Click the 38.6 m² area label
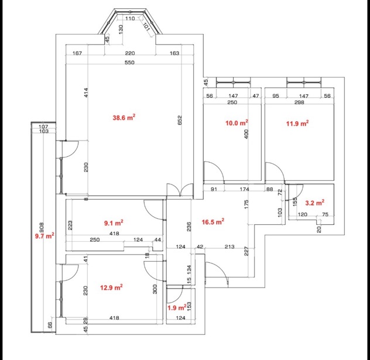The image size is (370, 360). (x=124, y=117)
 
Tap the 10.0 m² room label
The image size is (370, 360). (x=237, y=123)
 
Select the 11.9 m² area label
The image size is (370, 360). (x=297, y=123)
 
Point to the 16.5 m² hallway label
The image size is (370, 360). (x=213, y=222)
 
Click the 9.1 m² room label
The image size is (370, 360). (x=114, y=222)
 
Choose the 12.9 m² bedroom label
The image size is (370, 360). (x=111, y=287)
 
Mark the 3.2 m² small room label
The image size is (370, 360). (x=315, y=203)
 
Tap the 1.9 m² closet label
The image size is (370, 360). (x=177, y=307)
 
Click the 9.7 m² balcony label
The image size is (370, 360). (x=44, y=235)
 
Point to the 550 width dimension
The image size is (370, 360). (x=129, y=63)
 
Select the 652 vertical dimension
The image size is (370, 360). (x=180, y=120)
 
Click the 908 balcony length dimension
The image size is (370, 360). (x=42, y=228)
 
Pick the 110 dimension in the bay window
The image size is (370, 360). (x=130, y=18)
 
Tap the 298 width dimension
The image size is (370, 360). (x=299, y=102)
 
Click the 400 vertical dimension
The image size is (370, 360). (x=246, y=134)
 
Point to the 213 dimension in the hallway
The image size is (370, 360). (x=229, y=246)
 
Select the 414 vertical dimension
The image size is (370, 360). (x=86, y=92)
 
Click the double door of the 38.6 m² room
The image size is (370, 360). (x=180, y=190)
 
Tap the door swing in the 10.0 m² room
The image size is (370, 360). (x=214, y=172)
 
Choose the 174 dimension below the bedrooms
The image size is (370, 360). (x=244, y=189)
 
